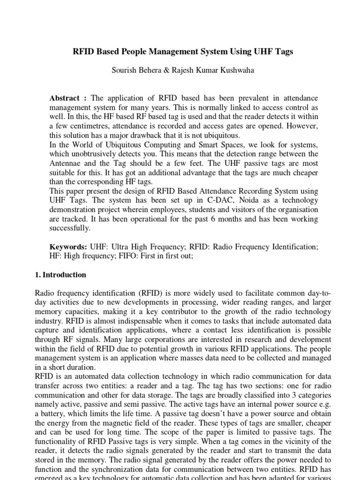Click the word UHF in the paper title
pyautogui.click(x=265, y=52)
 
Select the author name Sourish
pyautogui.click(x=124, y=70)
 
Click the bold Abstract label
pyautogui.click(x=64, y=98)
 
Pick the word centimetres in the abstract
pyautogui.click(x=91, y=126)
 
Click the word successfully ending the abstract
pyautogui.click(x=69, y=228)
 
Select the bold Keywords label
pyautogui.click(x=68, y=247)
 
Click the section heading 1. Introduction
pyautogui.click(x=61, y=275)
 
